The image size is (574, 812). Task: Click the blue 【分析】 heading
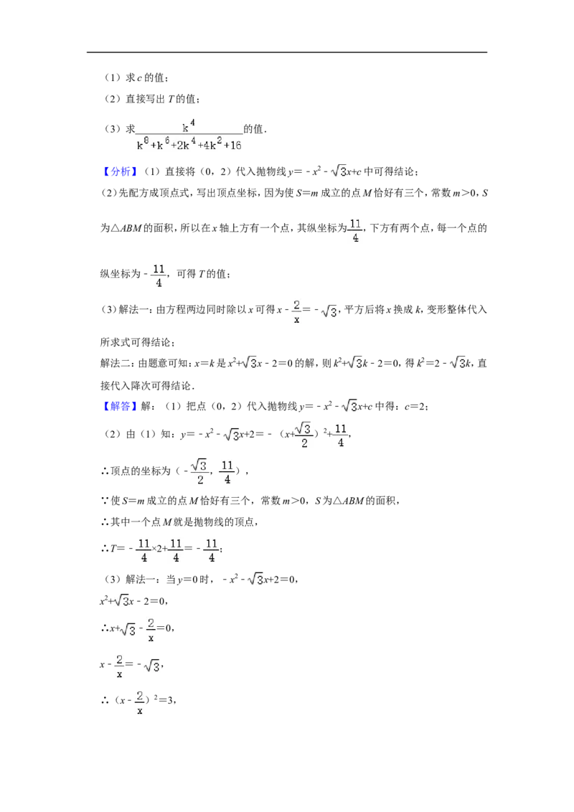point(119,172)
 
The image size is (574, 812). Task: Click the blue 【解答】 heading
point(119,407)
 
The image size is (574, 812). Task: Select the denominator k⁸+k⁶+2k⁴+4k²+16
point(189,144)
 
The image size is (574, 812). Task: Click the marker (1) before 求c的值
point(113,77)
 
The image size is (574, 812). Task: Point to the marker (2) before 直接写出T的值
point(113,99)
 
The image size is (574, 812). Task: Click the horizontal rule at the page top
point(287,52)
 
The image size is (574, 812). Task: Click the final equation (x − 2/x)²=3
point(138,700)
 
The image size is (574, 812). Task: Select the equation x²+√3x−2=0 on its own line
point(133,600)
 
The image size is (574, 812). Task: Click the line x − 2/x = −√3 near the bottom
point(131,664)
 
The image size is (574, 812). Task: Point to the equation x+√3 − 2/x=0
point(137,628)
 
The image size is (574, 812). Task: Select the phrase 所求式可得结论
point(136,342)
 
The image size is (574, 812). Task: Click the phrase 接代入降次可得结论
point(146,385)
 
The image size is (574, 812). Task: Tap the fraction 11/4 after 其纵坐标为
point(355,230)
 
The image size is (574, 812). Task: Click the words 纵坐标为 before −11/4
point(121,274)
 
